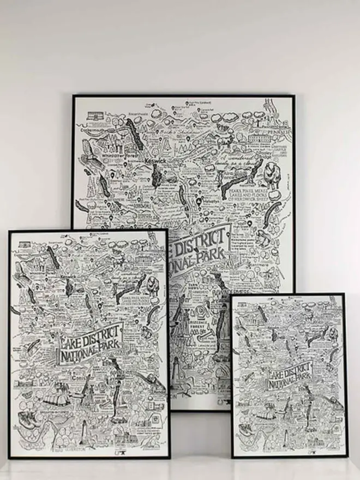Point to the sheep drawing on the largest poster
(x=272, y=176)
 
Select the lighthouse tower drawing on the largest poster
(x=177, y=376)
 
